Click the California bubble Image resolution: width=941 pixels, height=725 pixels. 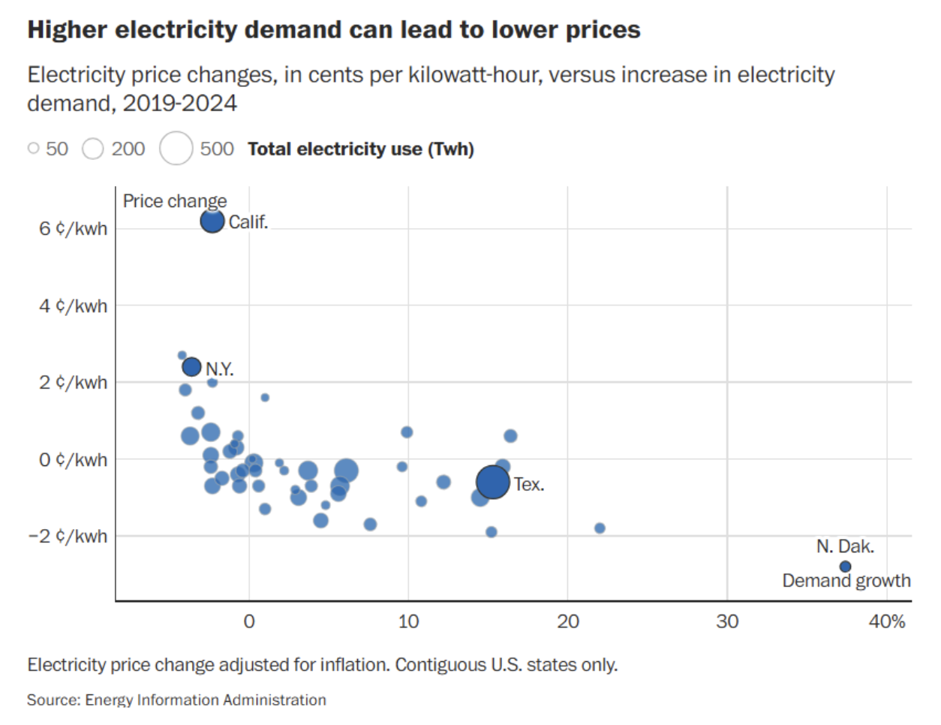pos(212,221)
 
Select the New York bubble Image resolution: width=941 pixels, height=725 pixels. pos(192,367)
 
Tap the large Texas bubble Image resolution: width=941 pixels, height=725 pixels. pos(493,482)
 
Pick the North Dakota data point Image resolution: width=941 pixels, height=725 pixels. pos(846,567)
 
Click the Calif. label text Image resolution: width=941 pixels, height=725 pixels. pos(248,222)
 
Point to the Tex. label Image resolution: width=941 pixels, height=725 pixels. pos(529,485)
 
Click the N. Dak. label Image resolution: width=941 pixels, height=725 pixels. pos(846,546)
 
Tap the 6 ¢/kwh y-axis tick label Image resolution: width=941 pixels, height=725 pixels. pos(73,229)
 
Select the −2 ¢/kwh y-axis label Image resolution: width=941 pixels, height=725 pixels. pos(68,537)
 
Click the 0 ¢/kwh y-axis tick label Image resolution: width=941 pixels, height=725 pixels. pos(73,460)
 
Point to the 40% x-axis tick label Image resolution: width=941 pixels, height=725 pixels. pos(887,621)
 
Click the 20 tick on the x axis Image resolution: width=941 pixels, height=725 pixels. pos(568,621)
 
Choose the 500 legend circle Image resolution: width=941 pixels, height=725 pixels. pos(176,148)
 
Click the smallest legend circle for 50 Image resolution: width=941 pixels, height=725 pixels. pos(33,149)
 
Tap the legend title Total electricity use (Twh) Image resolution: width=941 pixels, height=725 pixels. pos(361,149)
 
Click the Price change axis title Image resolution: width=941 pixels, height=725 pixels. pos(175,201)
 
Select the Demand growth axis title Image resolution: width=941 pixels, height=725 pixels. pos(846,581)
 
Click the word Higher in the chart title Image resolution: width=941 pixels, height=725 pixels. pos(68,30)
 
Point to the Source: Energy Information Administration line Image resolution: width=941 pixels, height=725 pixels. pos(176,700)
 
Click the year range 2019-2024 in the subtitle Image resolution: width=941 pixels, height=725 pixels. pos(180,103)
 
